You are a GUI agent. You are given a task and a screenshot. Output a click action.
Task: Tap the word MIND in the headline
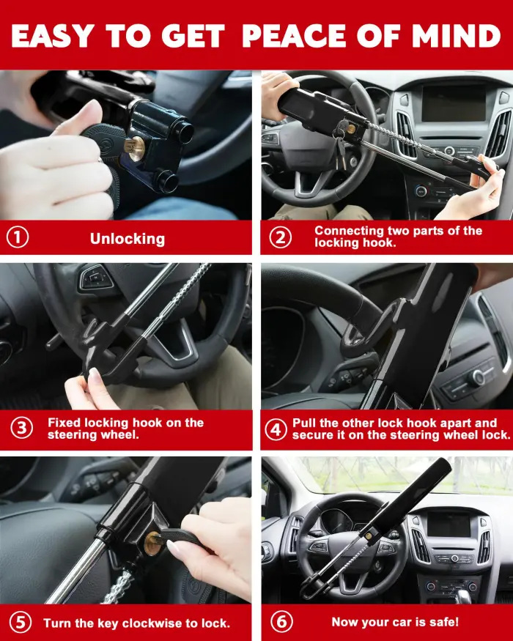(x=457, y=34)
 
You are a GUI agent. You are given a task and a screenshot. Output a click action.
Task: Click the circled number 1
(x=17, y=238)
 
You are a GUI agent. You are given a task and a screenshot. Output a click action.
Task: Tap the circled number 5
(x=20, y=623)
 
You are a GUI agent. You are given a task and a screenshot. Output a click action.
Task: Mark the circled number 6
(x=281, y=622)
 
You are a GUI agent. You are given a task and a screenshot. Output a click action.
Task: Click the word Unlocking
(x=128, y=239)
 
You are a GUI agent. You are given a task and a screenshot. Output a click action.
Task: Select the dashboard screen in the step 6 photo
(x=449, y=525)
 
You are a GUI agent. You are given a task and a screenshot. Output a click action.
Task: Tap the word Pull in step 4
(x=305, y=423)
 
